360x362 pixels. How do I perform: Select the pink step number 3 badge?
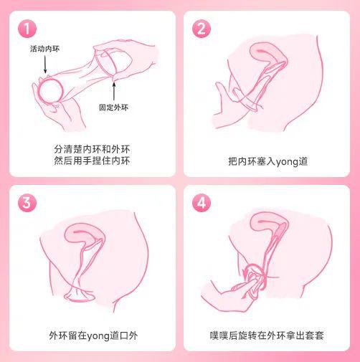coord(26,202)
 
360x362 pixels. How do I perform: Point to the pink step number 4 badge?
coord(202,202)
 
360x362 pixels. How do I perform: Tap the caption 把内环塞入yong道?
coord(267,161)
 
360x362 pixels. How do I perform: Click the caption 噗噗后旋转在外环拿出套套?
coord(267,335)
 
